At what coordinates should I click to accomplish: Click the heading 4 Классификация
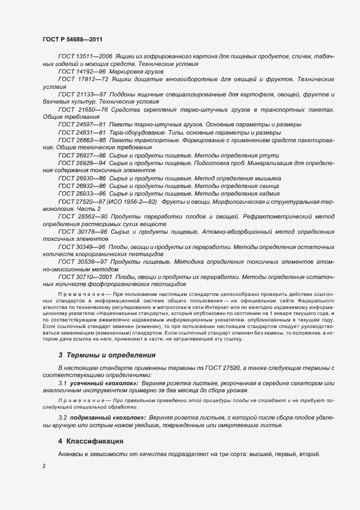coord(91,440)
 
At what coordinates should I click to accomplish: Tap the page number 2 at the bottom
coord(44,466)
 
